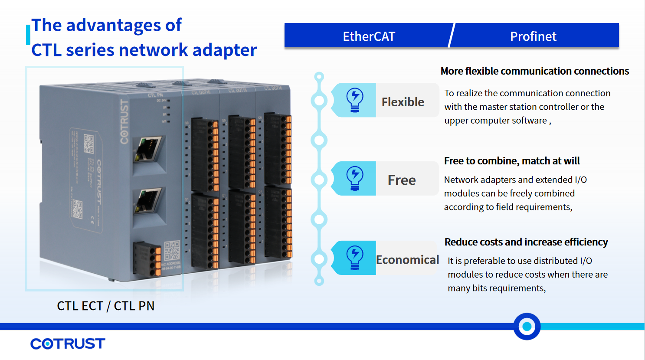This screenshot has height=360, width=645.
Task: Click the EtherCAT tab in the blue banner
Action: click(x=369, y=36)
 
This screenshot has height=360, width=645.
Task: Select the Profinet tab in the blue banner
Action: click(x=533, y=36)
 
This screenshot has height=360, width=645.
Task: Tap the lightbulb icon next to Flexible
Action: click(x=355, y=100)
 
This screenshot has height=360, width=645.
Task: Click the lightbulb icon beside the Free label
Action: click(x=355, y=178)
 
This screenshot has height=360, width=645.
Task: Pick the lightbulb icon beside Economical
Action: click(x=355, y=258)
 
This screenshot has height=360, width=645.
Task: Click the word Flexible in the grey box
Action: click(x=403, y=102)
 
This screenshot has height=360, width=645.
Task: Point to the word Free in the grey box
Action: click(x=402, y=180)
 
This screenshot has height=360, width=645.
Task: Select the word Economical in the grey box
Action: click(x=407, y=260)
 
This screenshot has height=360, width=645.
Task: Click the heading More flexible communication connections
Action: click(x=534, y=71)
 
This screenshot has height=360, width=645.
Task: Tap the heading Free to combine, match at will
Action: click(x=512, y=161)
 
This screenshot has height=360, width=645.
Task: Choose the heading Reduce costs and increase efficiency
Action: click(x=526, y=242)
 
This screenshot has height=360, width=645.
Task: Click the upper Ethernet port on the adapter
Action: click(x=148, y=150)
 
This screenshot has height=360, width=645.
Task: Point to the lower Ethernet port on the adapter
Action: click(x=148, y=201)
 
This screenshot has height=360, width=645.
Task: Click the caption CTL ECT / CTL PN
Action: click(x=105, y=306)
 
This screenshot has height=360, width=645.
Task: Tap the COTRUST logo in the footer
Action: click(x=68, y=344)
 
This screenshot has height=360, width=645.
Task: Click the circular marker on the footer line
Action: click(x=527, y=326)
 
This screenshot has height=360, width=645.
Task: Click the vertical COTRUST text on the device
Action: click(x=124, y=121)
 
